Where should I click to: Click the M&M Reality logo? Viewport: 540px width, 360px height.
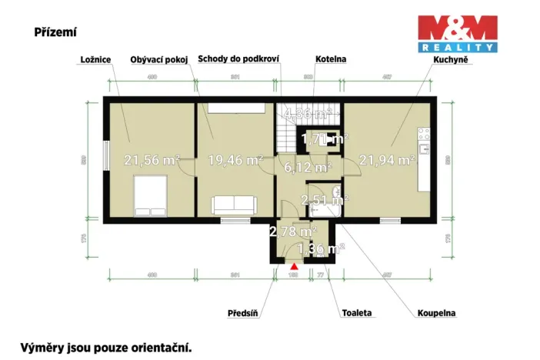[x=458, y=33]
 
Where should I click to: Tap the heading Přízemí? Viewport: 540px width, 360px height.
[x=55, y=32]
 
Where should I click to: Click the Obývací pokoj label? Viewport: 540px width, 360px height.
[x=158, y=59]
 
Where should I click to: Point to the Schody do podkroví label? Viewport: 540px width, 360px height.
[x=238, y=59]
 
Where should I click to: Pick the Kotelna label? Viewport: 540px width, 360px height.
[x=332, y=59]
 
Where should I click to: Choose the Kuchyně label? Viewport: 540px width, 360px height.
[x=451, y=59]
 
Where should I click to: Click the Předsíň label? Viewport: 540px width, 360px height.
[x=243, y=313]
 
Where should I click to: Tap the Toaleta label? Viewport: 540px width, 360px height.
[x=357, y=313]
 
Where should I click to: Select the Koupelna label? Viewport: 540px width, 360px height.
[x=436, y=313]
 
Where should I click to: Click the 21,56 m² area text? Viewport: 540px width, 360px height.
[x=152, y=161]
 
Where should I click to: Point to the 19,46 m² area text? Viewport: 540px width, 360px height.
[x=235, y=161]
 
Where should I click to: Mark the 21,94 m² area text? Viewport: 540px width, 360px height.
[x=387, y=161]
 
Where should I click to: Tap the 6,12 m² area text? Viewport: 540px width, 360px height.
[x=307, y=167]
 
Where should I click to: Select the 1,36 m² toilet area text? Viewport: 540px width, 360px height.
[x=320, y=248]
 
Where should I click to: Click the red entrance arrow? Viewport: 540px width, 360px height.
[x=293, y=266]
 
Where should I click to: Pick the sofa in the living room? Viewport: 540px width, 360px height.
[x=234, y=205]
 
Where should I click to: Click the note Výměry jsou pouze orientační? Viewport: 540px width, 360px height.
[x=105, y=347]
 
